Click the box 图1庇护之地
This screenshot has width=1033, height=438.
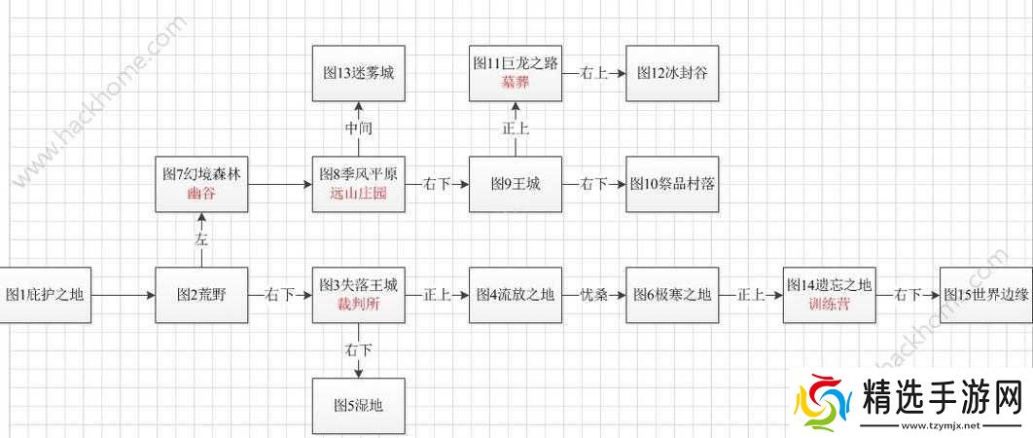46,293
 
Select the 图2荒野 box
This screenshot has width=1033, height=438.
201,293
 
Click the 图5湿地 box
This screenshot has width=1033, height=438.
358,405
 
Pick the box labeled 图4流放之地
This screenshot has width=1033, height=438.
515,293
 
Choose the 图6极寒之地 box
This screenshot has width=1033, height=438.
671,293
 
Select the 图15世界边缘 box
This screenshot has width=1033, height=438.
986,293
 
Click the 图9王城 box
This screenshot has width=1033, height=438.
515,183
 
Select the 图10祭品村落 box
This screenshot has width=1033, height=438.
671,183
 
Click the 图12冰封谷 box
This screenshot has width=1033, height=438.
671,72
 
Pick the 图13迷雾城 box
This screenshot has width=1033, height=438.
358,72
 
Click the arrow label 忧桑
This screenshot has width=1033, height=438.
593,293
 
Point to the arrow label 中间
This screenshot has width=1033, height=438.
358,128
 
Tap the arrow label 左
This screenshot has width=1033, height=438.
201,238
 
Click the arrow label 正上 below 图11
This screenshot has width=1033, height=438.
515,128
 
